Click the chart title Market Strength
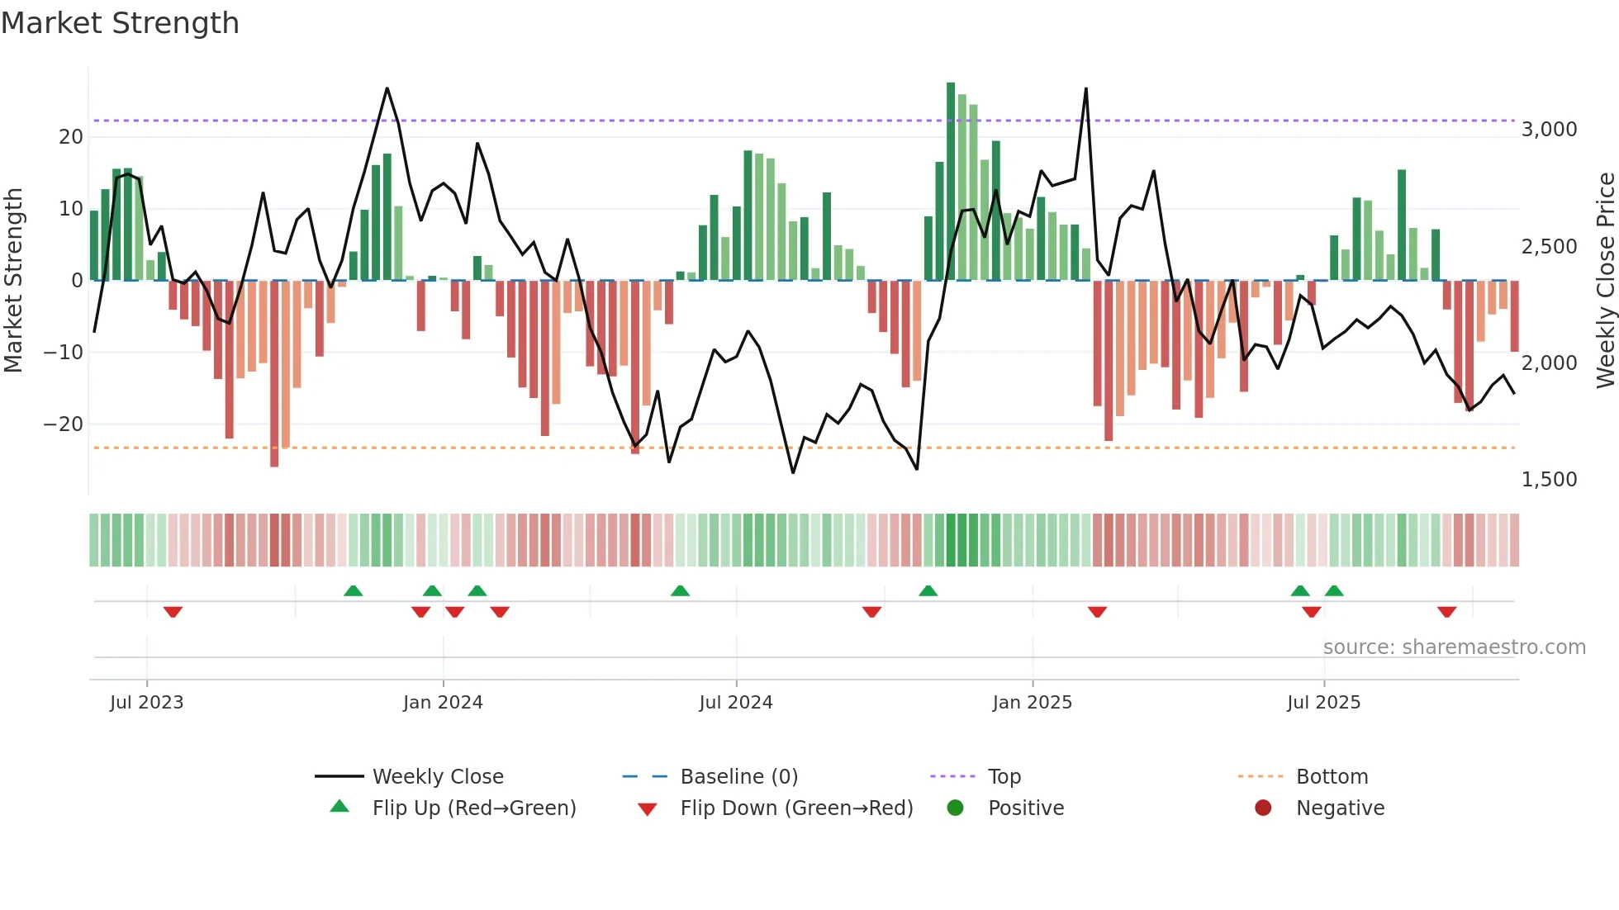120,23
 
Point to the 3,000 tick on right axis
1549,130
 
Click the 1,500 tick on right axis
1549,480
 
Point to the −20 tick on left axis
63,424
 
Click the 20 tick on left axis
71,137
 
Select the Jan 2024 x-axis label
443,703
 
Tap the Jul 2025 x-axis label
1323,703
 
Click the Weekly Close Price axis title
1605,281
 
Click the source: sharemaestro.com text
1454,647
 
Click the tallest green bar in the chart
951,182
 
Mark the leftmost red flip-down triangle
173,612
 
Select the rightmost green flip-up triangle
1334,590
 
